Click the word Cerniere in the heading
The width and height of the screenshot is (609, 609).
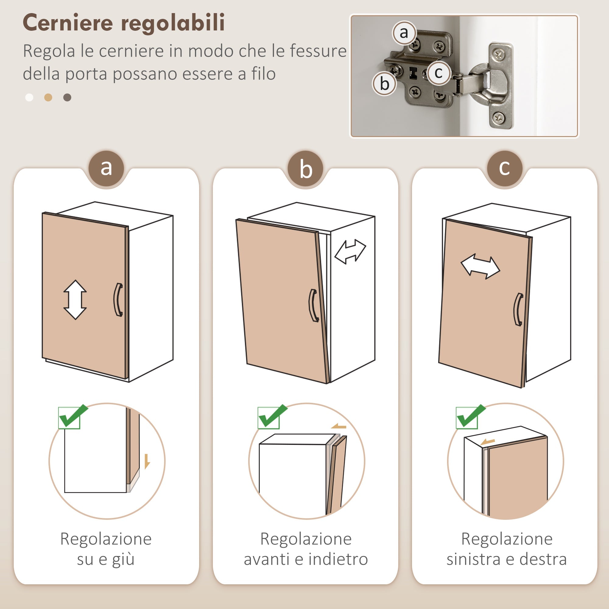pos(68,23)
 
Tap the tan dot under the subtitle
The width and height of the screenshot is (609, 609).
pos(48,97)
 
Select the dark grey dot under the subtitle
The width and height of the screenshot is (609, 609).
pos(67,97)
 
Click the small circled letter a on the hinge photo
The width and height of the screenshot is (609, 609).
pos(404,33)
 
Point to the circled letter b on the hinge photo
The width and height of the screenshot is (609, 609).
pos(384,84)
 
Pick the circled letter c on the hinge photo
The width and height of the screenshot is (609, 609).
pos(438,73)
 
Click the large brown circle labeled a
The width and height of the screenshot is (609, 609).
pos(106,168)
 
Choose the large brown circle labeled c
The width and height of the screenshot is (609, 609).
pos(504,168)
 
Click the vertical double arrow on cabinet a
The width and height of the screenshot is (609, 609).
pos(75,299)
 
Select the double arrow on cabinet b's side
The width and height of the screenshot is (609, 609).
pos(350,252)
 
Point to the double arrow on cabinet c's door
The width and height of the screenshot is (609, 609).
pos(480,267)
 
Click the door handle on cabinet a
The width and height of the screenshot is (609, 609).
pos(118,299)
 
